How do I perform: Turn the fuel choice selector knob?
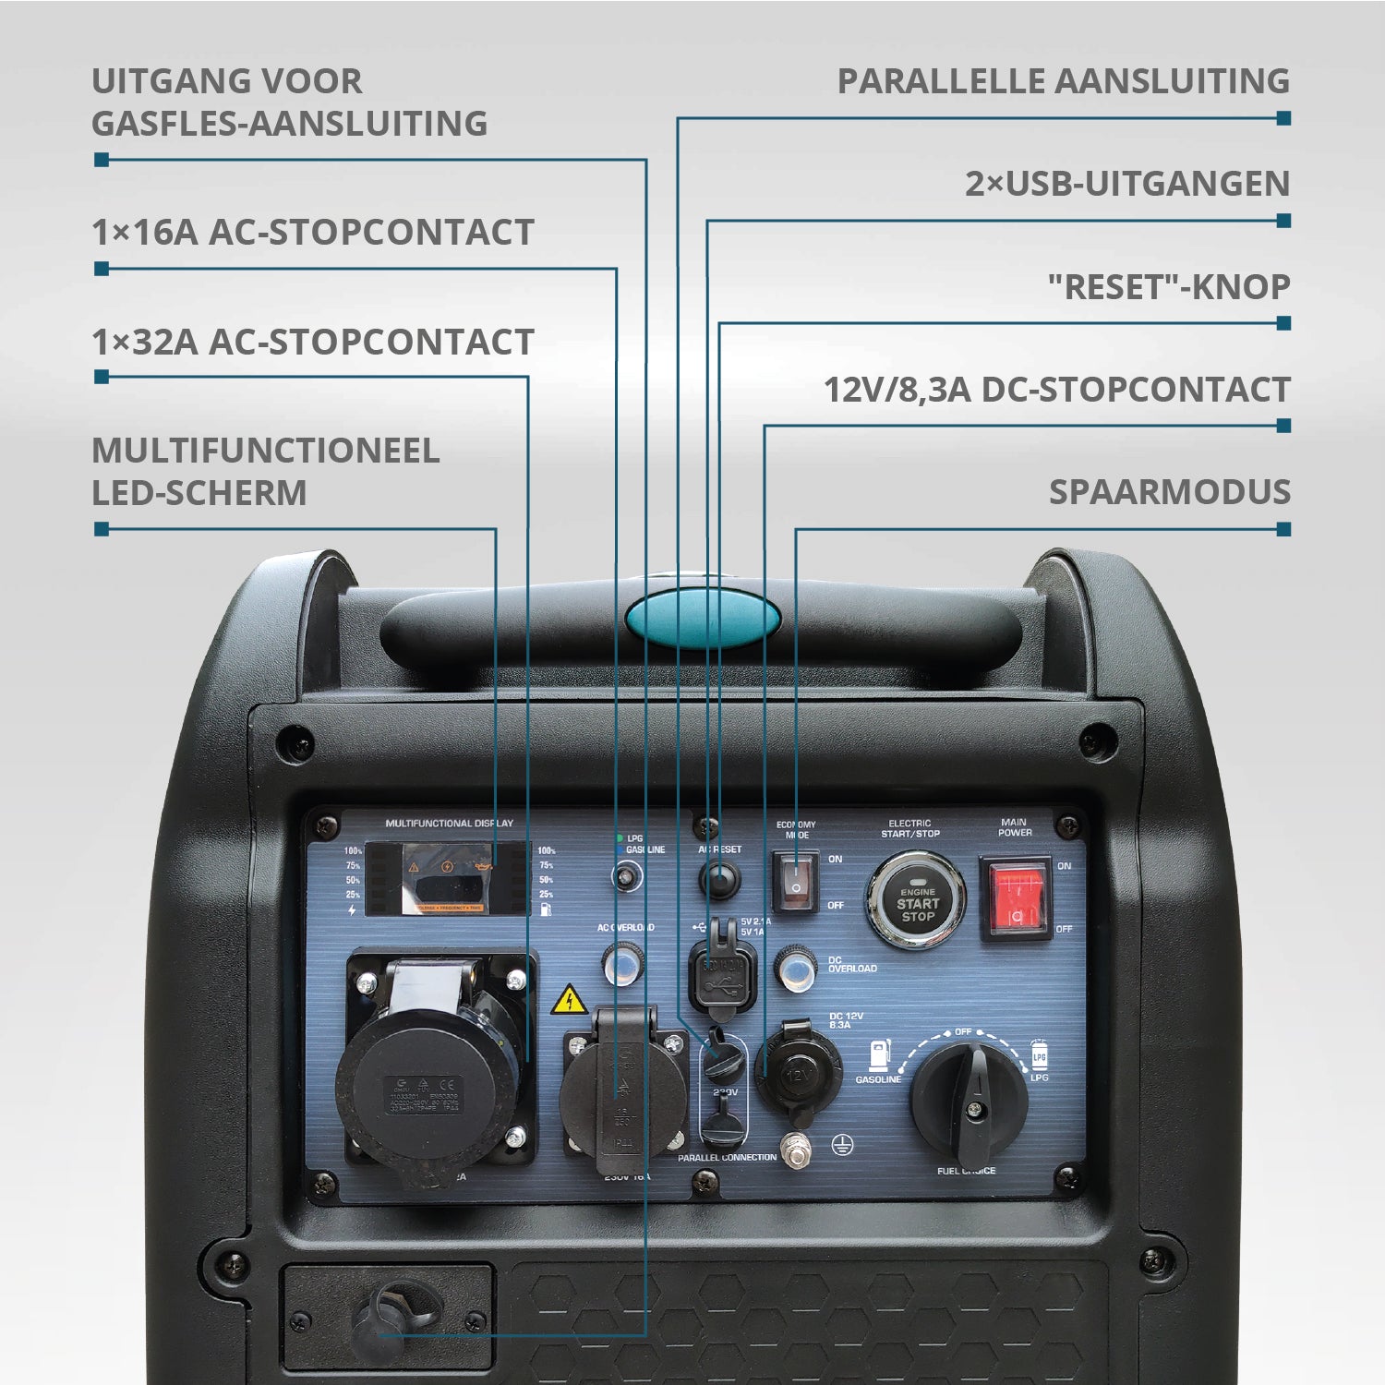[x=969, y=1102]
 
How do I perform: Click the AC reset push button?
[x=719, y=878]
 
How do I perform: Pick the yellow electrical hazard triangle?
[x=569, y=1000]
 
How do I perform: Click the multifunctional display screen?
[x=450, y=878]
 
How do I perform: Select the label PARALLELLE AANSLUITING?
[x=1063, y=81]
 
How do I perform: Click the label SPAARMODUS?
[x=1169, y=492]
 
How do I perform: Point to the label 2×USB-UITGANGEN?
[x=1126, y=184]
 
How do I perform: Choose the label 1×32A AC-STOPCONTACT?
[x=313, y=342]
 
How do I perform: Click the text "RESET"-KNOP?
[x=1168, y=287]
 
